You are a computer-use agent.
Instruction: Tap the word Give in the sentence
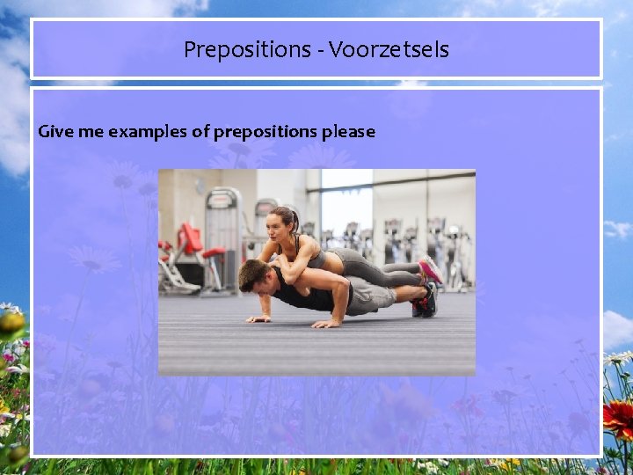tap(53, 132)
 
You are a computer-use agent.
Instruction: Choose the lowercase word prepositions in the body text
tap(266, 133)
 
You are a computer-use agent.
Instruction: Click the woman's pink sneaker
tap(430, 270)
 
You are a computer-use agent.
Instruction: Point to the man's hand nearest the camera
tap(326, 324)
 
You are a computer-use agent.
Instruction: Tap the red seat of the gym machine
tap(214, 253)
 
